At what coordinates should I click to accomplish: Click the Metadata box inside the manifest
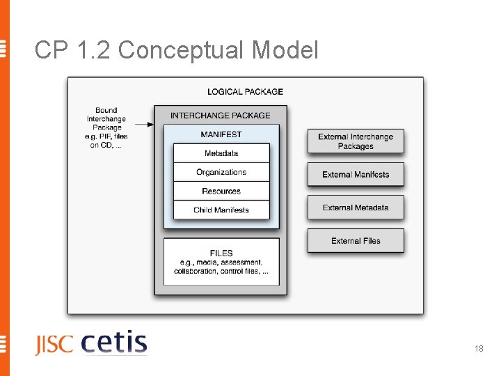[221, 153]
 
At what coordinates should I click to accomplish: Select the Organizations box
[221, 172]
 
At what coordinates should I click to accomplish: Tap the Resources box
[221, 191]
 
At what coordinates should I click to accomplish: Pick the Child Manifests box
[221, 210]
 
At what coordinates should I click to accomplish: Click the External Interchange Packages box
[356, 141]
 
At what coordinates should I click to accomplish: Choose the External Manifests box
[356, 174]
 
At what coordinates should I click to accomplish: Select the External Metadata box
[356, 207]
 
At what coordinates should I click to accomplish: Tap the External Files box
[356, 240]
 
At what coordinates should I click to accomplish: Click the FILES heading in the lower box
[221, 253]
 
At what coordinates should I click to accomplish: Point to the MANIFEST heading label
[221, 134]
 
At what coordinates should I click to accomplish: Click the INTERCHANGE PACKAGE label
[220, 116]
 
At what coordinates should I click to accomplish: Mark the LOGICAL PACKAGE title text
[245, 91]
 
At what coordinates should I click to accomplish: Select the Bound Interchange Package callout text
[106, 127]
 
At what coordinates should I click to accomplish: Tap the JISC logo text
[54, 345]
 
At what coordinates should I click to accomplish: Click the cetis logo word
[114, 343]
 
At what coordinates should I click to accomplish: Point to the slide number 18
[479, 349]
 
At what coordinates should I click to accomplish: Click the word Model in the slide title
[285, 50]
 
